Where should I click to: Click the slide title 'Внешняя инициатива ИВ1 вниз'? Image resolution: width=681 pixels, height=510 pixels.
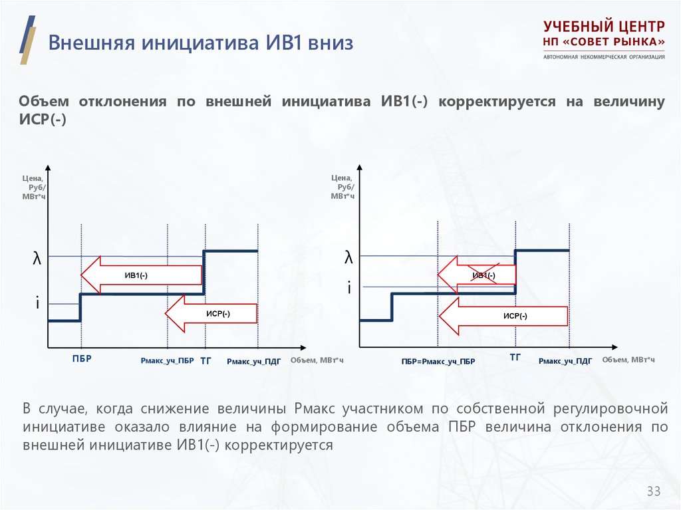200,44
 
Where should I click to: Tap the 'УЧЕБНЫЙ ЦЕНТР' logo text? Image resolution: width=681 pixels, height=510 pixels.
604,27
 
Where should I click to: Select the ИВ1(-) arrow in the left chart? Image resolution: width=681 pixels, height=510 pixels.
141,275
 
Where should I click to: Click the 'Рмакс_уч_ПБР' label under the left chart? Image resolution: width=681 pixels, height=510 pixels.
167,361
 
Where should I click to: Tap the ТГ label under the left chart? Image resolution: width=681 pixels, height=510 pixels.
205,359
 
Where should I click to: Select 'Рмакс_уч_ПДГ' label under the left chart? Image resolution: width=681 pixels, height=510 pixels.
253,362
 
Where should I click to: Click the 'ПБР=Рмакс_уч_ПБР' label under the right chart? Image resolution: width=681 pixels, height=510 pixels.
438,362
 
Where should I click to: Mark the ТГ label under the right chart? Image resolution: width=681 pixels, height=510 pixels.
515,358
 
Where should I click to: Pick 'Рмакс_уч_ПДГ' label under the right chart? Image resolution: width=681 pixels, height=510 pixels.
565,361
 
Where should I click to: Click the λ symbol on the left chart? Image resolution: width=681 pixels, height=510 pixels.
37,259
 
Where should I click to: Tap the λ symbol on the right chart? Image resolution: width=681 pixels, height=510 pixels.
348,257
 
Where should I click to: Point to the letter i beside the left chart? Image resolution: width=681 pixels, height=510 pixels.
38,303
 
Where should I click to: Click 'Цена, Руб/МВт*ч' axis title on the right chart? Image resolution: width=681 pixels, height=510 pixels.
342,187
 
